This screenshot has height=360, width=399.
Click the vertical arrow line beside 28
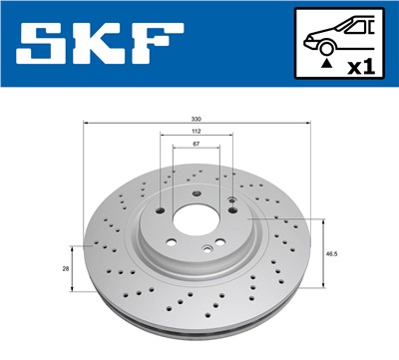[x=71, y=267]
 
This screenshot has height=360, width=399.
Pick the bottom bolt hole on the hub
[x=204, y=249]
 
